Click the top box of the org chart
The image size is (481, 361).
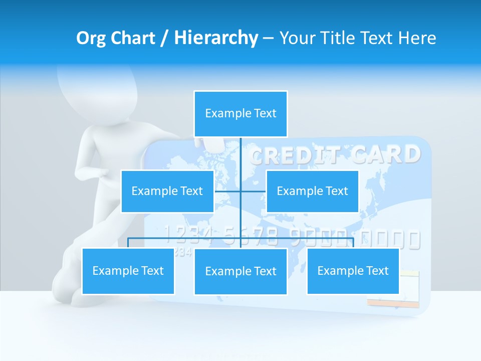coord(241,114)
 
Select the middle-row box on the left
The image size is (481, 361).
coord(167,191)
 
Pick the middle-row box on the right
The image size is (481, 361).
coord(312,191)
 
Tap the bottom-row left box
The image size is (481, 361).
coord(128,271)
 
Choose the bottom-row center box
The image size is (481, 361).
coord(241,271)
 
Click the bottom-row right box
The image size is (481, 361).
coord(353,271)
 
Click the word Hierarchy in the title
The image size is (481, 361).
coord(216,38)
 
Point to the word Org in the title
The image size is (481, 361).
coord(91,38)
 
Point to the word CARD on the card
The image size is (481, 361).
coord(386,154)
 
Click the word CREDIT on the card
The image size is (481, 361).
coord(296,156)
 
